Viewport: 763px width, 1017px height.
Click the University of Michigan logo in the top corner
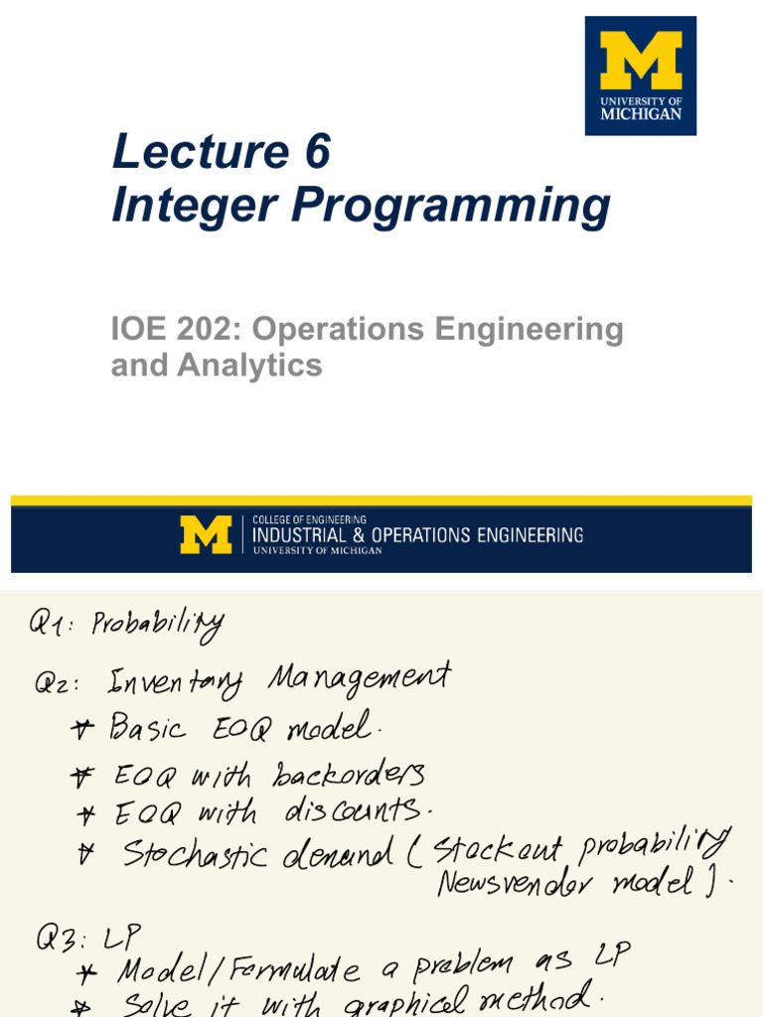click(x=641, y=75)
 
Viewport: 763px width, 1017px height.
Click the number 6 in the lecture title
click(x=317, y=151)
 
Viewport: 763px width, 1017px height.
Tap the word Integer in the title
click(x=195, y=207)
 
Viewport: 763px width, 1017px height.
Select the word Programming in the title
click(x=451, y=207)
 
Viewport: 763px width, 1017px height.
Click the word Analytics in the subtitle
click(x=249, y=365)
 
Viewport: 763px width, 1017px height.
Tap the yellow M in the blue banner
click(x=206, y=534)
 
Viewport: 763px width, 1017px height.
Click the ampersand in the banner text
click(x=359, y=535)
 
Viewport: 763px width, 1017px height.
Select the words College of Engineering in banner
click(x=310, y=519)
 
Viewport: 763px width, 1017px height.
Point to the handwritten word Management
click(x=359, y=678)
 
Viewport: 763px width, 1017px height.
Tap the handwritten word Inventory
click(x=175, y=683)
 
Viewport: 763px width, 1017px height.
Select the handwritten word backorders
click(x=349, y=774)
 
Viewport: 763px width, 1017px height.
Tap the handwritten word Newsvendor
click(x=515, y=883)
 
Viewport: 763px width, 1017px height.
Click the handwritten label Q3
click(x=62, y=938)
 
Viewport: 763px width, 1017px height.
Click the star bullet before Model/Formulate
click(x=86, y=973)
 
